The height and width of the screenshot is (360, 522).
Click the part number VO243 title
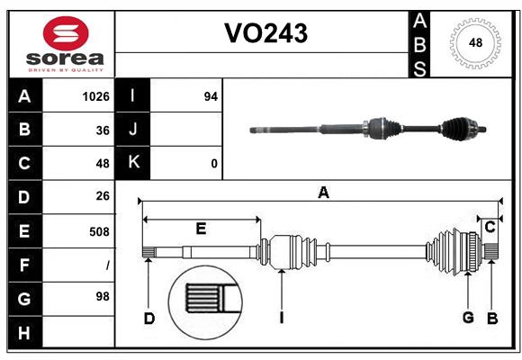265,33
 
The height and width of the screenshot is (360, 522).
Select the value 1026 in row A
95,96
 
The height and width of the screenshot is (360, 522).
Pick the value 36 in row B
102,130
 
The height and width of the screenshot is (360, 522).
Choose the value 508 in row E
98,230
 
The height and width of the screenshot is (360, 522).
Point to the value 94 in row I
211,96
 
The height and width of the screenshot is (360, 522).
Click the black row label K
133,163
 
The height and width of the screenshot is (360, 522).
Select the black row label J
133,130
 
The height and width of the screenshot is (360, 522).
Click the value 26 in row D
102,196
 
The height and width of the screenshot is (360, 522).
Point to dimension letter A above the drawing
323,191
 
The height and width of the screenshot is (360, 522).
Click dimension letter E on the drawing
201,229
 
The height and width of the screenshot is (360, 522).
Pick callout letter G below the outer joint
468,317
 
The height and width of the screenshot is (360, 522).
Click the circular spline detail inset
206,300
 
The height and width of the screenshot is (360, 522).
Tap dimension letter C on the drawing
490,228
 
